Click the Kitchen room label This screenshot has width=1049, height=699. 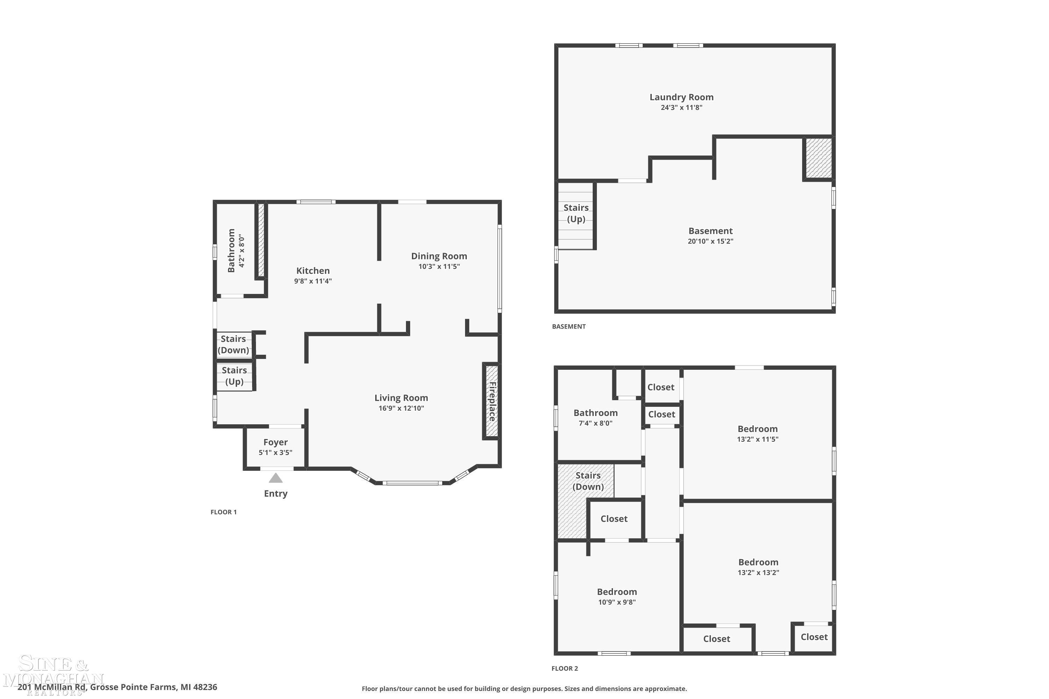tap(313, 271)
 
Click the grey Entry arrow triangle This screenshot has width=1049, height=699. tap(276, 478)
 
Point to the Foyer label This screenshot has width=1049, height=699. tap(275, 442)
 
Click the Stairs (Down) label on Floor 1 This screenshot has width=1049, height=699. tap(233, 344)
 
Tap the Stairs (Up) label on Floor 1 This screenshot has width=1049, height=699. tap(234, 376)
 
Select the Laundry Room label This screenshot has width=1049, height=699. tap(681, 97)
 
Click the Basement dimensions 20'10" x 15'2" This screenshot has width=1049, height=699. tap(710, 241)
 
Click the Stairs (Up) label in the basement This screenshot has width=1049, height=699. tap(576, 213)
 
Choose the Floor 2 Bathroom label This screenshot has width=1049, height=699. tap(595, 413)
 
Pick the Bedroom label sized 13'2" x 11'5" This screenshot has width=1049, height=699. tap(757, 429)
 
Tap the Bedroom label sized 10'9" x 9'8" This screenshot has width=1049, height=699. tap(617, 592)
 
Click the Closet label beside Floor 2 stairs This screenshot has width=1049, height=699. tap(614, 518)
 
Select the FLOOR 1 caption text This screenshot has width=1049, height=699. tap(223, 512)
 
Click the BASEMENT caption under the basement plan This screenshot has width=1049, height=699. tap(569, 326)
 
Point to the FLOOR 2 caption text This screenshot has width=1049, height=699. tap(564, 668)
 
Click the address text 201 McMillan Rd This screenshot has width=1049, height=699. tap(117, 687)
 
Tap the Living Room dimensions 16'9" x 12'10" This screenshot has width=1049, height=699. tap(401, 408)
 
